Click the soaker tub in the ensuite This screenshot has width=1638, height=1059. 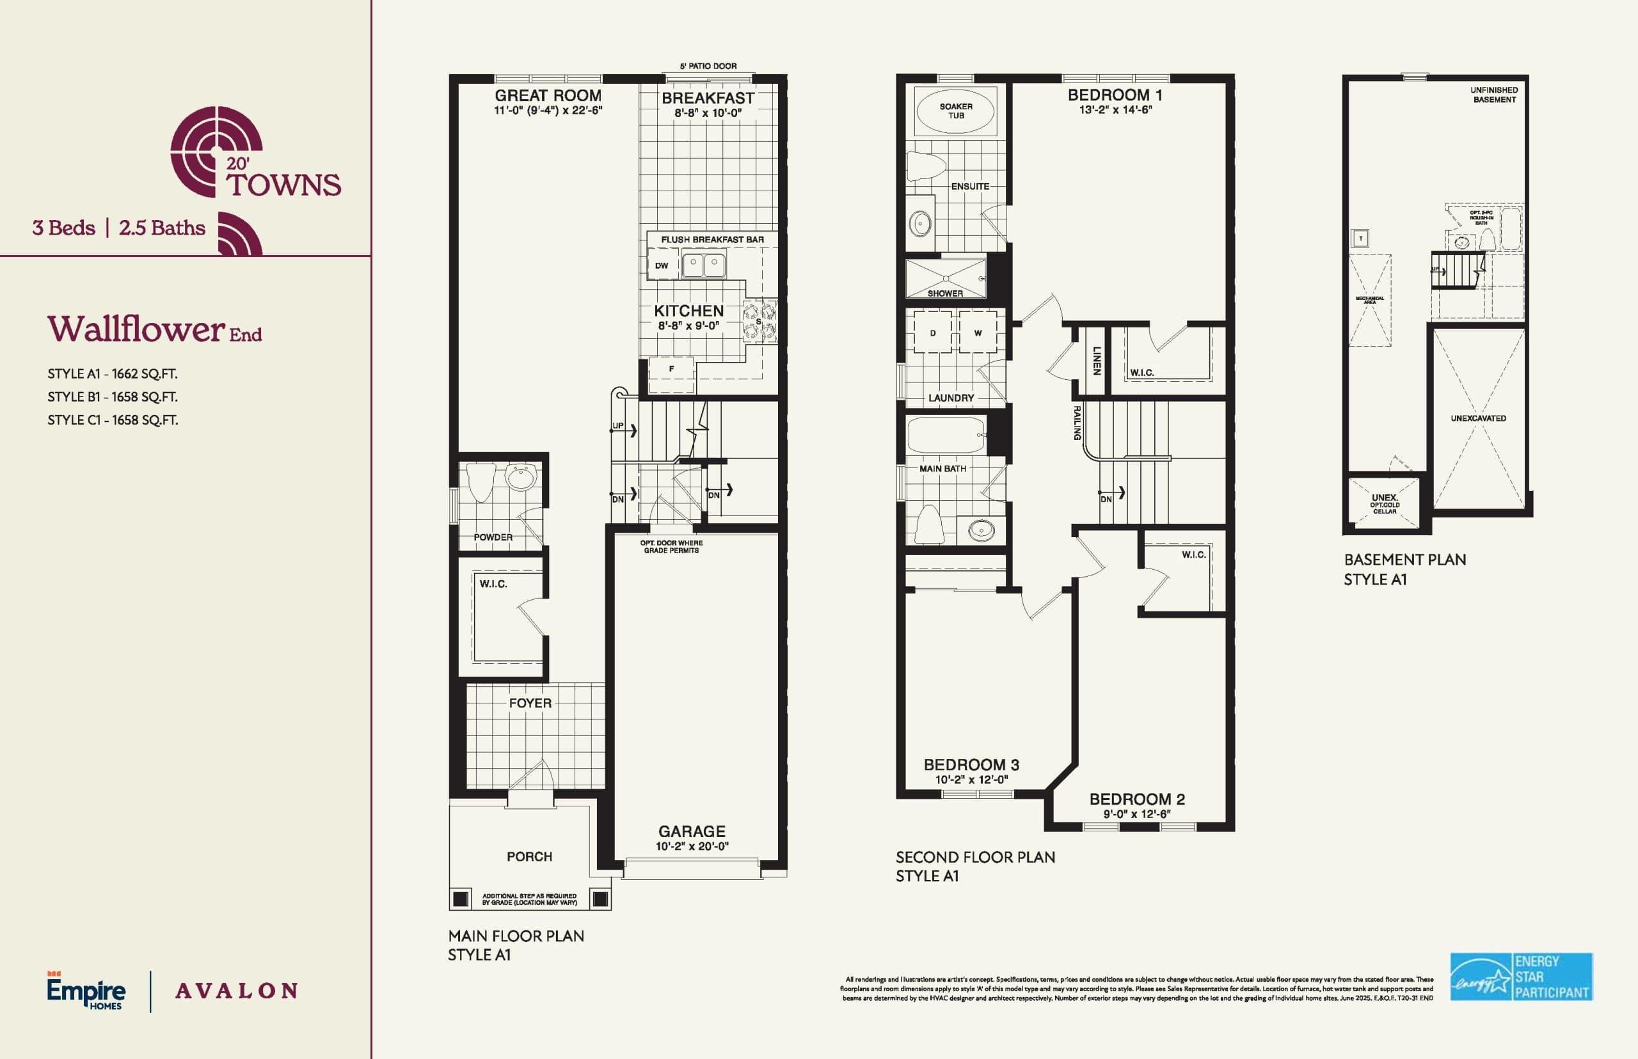pyautogui.click(x=955, y=111)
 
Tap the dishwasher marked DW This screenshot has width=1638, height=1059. pyautogui.click(x=662, y=265)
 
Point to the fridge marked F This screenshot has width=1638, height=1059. pyautogui.click(x=671, y=369)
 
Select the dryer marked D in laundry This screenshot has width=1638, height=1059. pyautogui.click(x=933, y=333)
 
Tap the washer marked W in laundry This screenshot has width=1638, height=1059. pyautogui.click(x=978, y=333)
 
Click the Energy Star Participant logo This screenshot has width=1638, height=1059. pyautogui.click(x=1521, y=977)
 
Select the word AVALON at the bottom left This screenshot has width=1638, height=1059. pyautogui.click(x=237, y=991)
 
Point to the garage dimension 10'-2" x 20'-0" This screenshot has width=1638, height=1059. pyautogui.click(x=692, y=847)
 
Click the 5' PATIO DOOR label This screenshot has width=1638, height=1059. pyautogui.click(x=708, y=66)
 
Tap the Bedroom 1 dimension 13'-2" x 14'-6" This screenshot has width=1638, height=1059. pyautogui.click(x=1115, y=110)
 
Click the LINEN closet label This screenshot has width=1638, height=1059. pyautogui.click(x=1097, y=360)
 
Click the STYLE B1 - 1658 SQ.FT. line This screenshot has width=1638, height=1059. pyautogui.click(x=112, y=396)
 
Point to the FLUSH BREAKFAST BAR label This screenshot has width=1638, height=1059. pyautogui.click(x=712, y=239)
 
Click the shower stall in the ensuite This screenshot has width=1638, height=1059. pyautogui.click(x=945, y=279)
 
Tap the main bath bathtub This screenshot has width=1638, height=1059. pyautogui.click(x=946, y=435)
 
